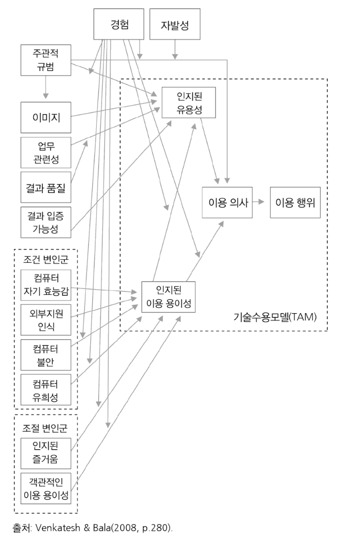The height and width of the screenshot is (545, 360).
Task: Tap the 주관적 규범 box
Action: click(46, 61)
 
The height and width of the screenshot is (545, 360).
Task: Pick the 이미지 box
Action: click(46, 117)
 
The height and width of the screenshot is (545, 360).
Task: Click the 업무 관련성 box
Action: click(46, 152)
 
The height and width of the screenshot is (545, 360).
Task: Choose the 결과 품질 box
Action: click(46, 187)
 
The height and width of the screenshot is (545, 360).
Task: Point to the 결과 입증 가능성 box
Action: click(46, 222)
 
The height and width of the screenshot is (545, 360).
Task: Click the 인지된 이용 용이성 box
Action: click(168, 297)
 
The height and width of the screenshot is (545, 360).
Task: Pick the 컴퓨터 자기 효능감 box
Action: click(46, 285)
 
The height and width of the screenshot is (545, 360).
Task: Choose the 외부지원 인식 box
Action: click(46, 320)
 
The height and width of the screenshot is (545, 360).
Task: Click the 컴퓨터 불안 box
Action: click(46, 355)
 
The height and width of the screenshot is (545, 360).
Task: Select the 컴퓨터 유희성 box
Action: click(46, 390)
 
